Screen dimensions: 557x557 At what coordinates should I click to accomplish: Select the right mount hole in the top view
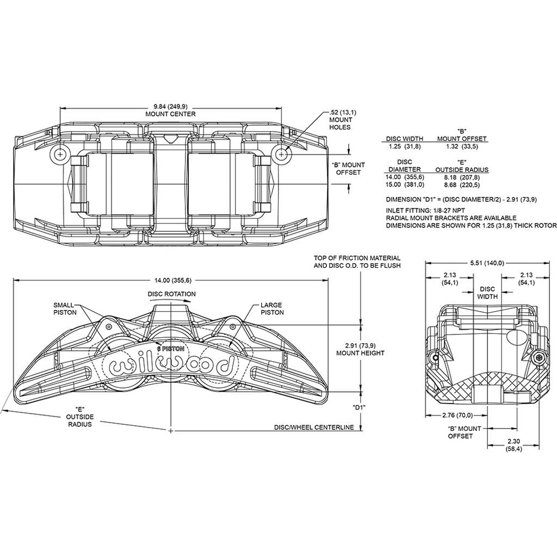[x=281, y=154]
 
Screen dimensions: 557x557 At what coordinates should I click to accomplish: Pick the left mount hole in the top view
[x=60, y=154]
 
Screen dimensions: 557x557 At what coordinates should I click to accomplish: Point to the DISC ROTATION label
[x=171, y=294]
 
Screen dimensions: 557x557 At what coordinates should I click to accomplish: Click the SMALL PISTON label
[x=64, y=309]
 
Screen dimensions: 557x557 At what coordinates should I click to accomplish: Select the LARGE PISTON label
[x=272, y=309]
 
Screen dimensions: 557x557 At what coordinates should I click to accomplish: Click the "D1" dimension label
[x=358, y=408]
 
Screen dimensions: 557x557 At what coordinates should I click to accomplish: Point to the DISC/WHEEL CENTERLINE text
[x=314, y=428]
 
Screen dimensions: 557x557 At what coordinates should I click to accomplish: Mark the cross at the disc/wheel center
[x=171, y=431]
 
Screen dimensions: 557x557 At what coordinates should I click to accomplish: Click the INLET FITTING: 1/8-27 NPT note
[x=425, y=211]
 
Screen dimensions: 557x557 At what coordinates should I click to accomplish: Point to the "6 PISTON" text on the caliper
[x=171, y=349]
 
